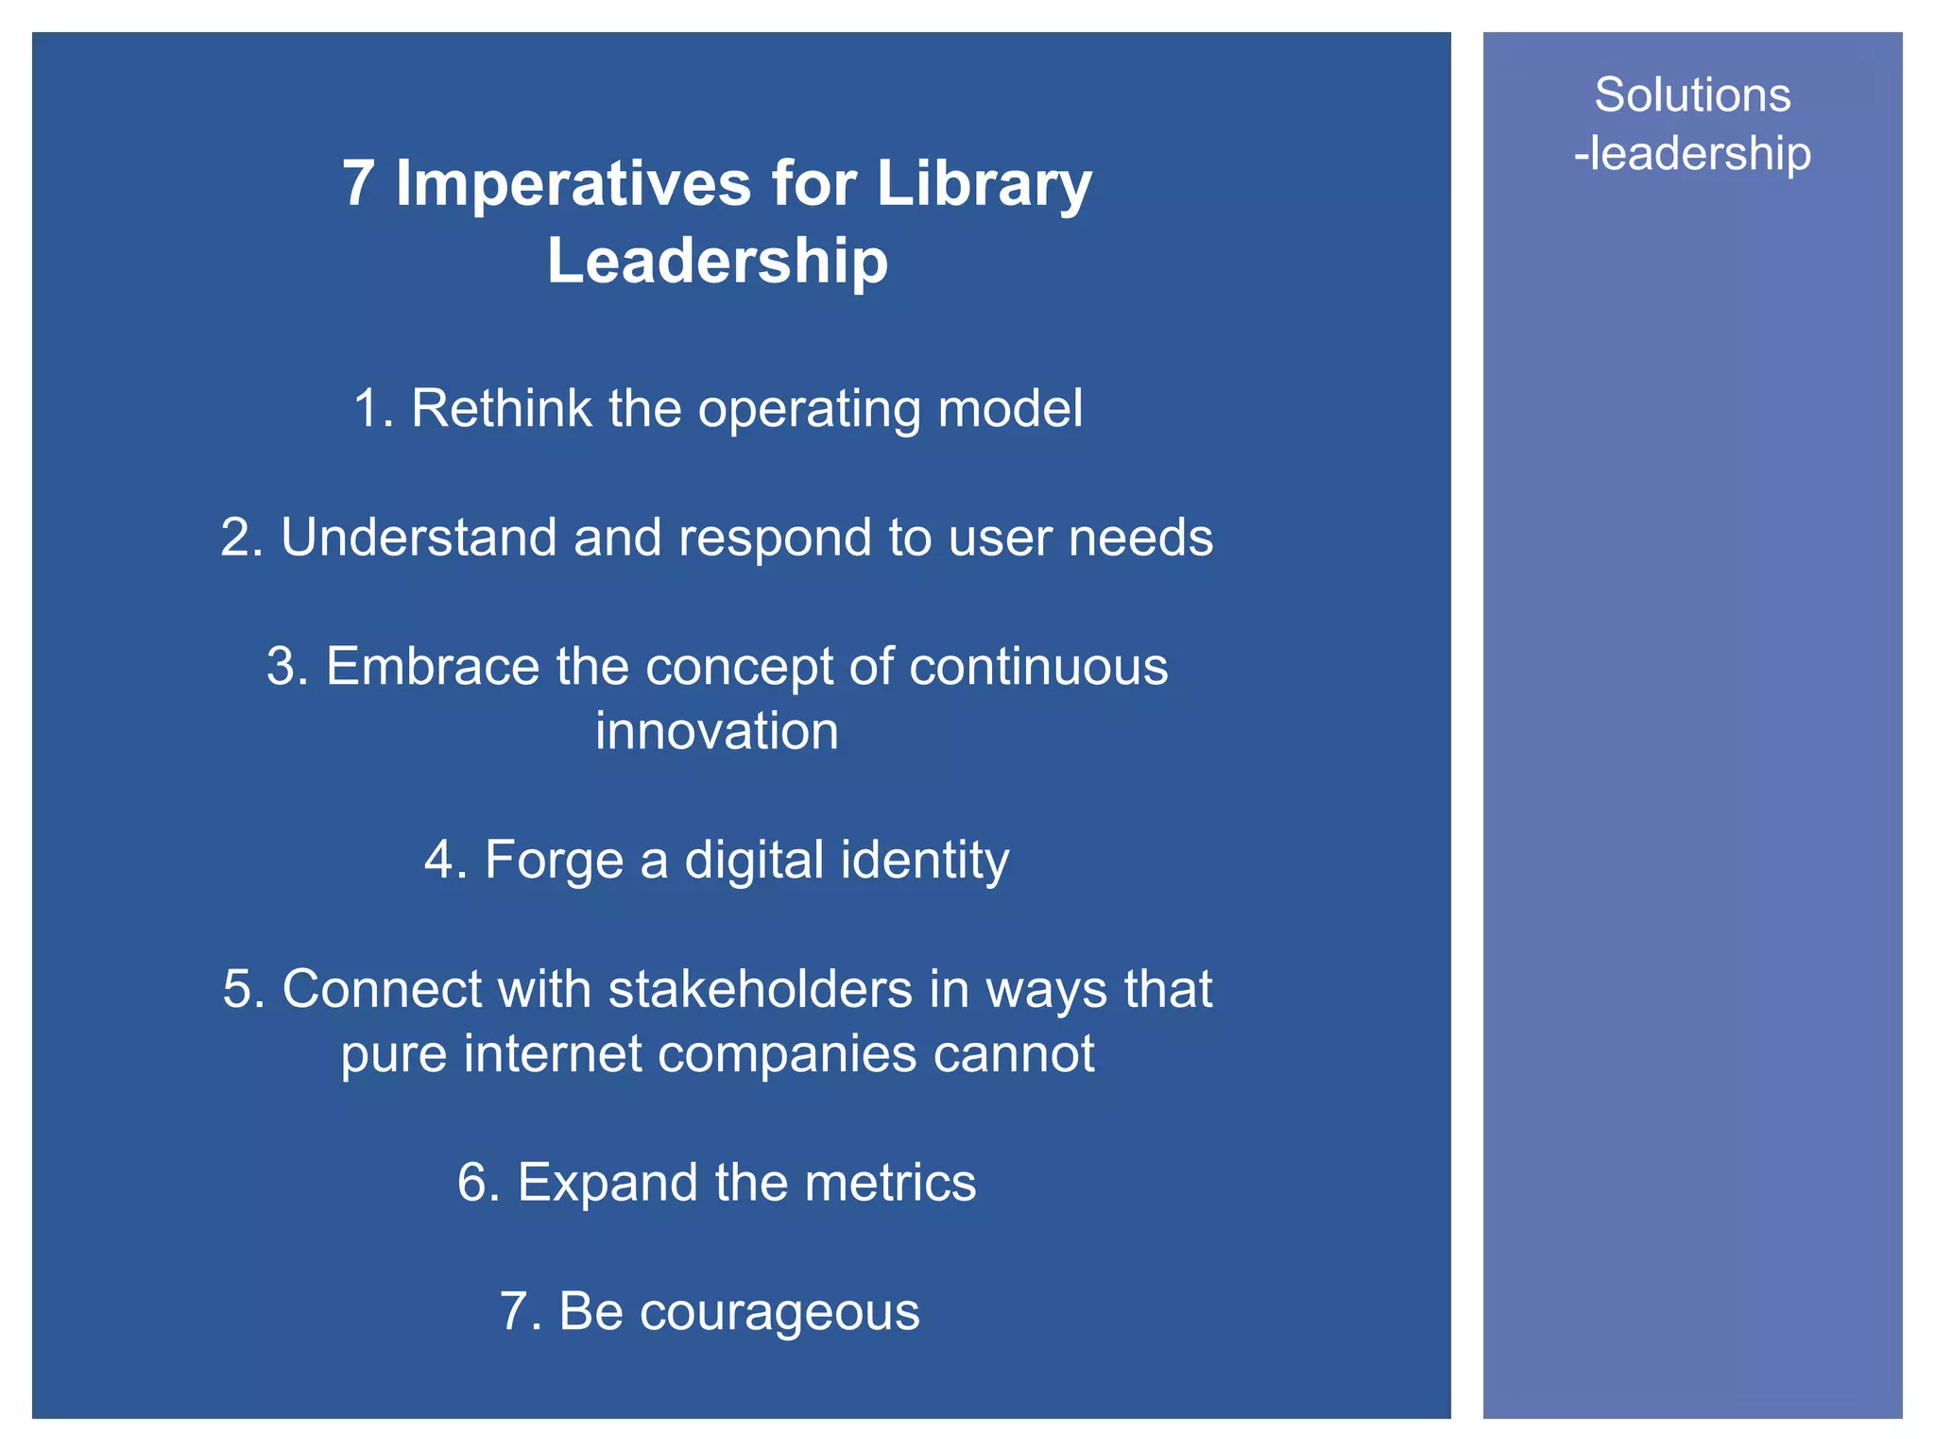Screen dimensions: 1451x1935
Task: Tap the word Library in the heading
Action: pos(984,183)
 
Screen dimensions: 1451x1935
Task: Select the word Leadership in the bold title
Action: pos(717,261)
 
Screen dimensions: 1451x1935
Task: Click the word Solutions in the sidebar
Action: pos(1692,95)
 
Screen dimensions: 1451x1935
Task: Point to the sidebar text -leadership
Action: pos(1692,154)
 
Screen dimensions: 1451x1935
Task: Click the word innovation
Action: pos(717,731)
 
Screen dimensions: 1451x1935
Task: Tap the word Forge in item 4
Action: pos(554,860)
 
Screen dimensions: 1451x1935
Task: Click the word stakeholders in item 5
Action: pos(761,989)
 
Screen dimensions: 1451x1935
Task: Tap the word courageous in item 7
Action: pos(779,1312)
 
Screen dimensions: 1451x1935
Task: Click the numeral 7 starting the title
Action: pos(358,183)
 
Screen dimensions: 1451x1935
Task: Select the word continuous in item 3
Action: pos(1038,666)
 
